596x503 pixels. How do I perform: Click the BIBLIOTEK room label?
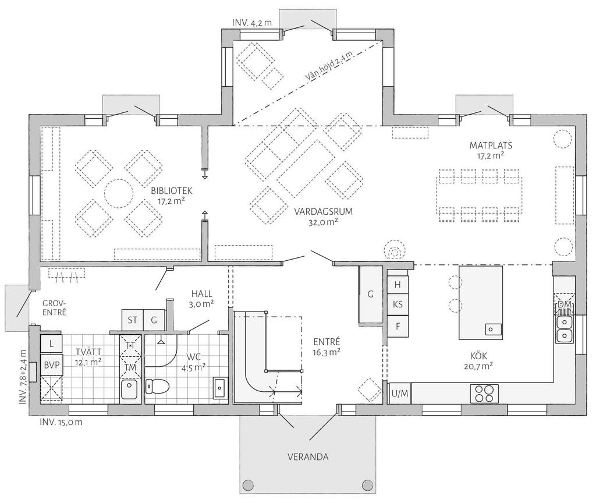172,190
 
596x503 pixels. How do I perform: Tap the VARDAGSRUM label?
324,212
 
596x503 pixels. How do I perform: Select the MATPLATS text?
491,145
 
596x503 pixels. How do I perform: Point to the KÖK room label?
478,356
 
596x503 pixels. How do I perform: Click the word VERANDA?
308,456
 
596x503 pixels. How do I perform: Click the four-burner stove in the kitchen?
484,394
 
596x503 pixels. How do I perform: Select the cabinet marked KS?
398,304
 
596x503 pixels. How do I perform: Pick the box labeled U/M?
399,394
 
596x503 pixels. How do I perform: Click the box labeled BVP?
51,365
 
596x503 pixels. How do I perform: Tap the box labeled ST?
132,320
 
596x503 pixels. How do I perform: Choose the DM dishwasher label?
564,304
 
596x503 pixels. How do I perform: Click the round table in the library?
119,193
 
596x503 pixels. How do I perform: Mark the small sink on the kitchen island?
493,329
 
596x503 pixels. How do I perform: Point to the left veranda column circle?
248,485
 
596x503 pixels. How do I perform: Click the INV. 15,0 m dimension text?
61,422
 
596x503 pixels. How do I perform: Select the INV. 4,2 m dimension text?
252,23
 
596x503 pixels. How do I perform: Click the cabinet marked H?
398,284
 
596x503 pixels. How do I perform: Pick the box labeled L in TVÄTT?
51,345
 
